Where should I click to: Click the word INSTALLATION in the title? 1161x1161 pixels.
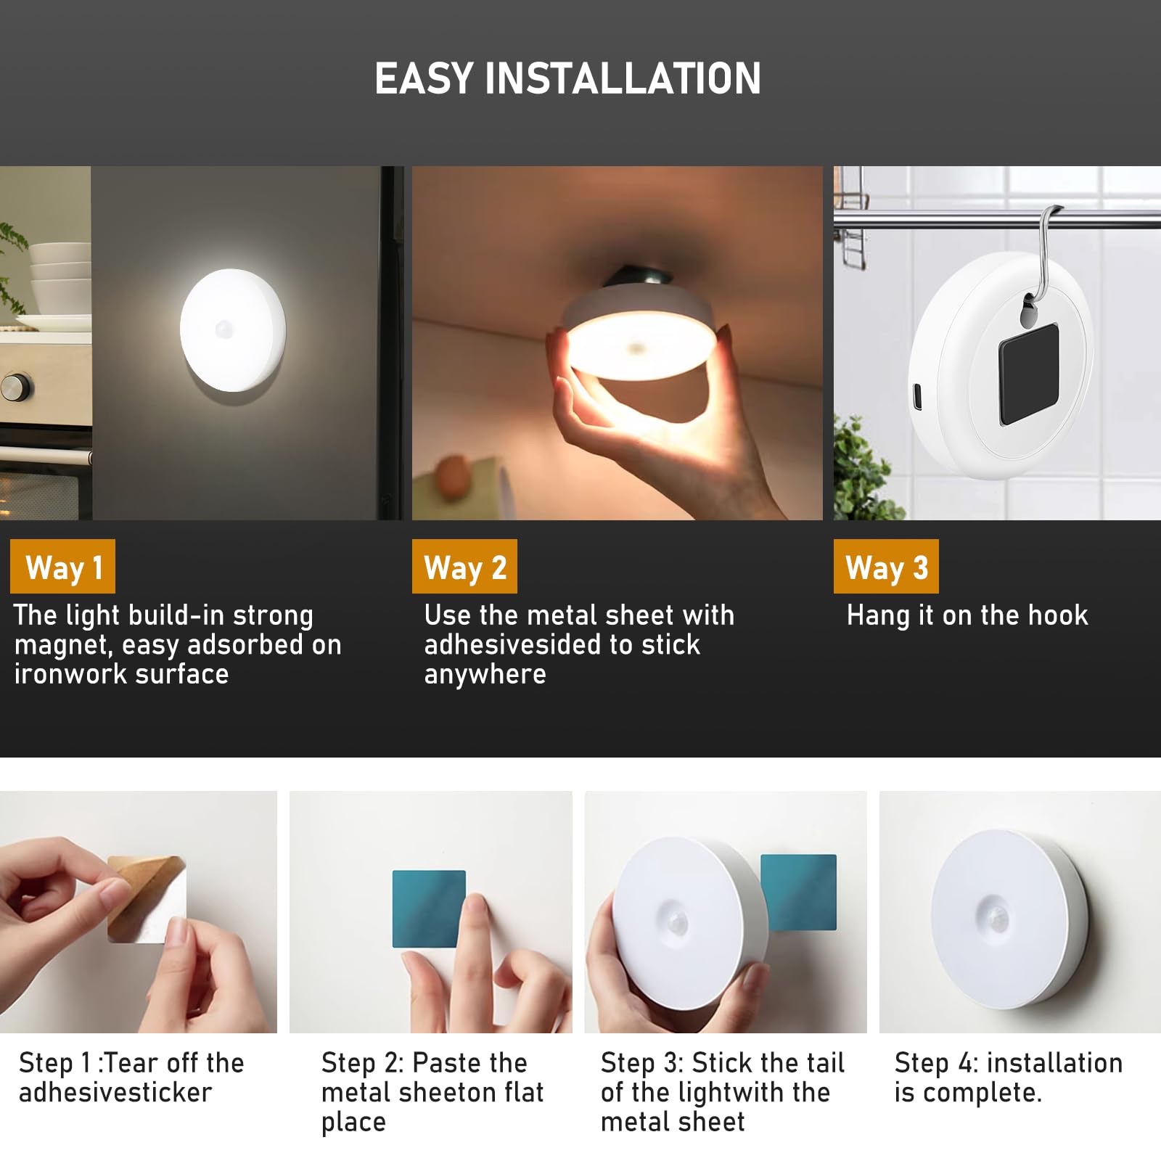tap(623, 78)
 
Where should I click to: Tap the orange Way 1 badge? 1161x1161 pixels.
tap(63, 567)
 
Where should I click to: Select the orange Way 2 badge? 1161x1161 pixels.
tap(464, 567)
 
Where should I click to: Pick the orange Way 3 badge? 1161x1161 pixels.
tap(886, 567)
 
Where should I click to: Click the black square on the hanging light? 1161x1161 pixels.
tap(1029, 374)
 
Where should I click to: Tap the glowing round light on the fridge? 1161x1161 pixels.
tap(233, 330)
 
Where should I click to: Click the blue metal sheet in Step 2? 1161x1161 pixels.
tap(429, 908)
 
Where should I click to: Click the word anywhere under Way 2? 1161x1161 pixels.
tap(485, 675)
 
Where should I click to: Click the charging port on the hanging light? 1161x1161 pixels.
tap(916, 396)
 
